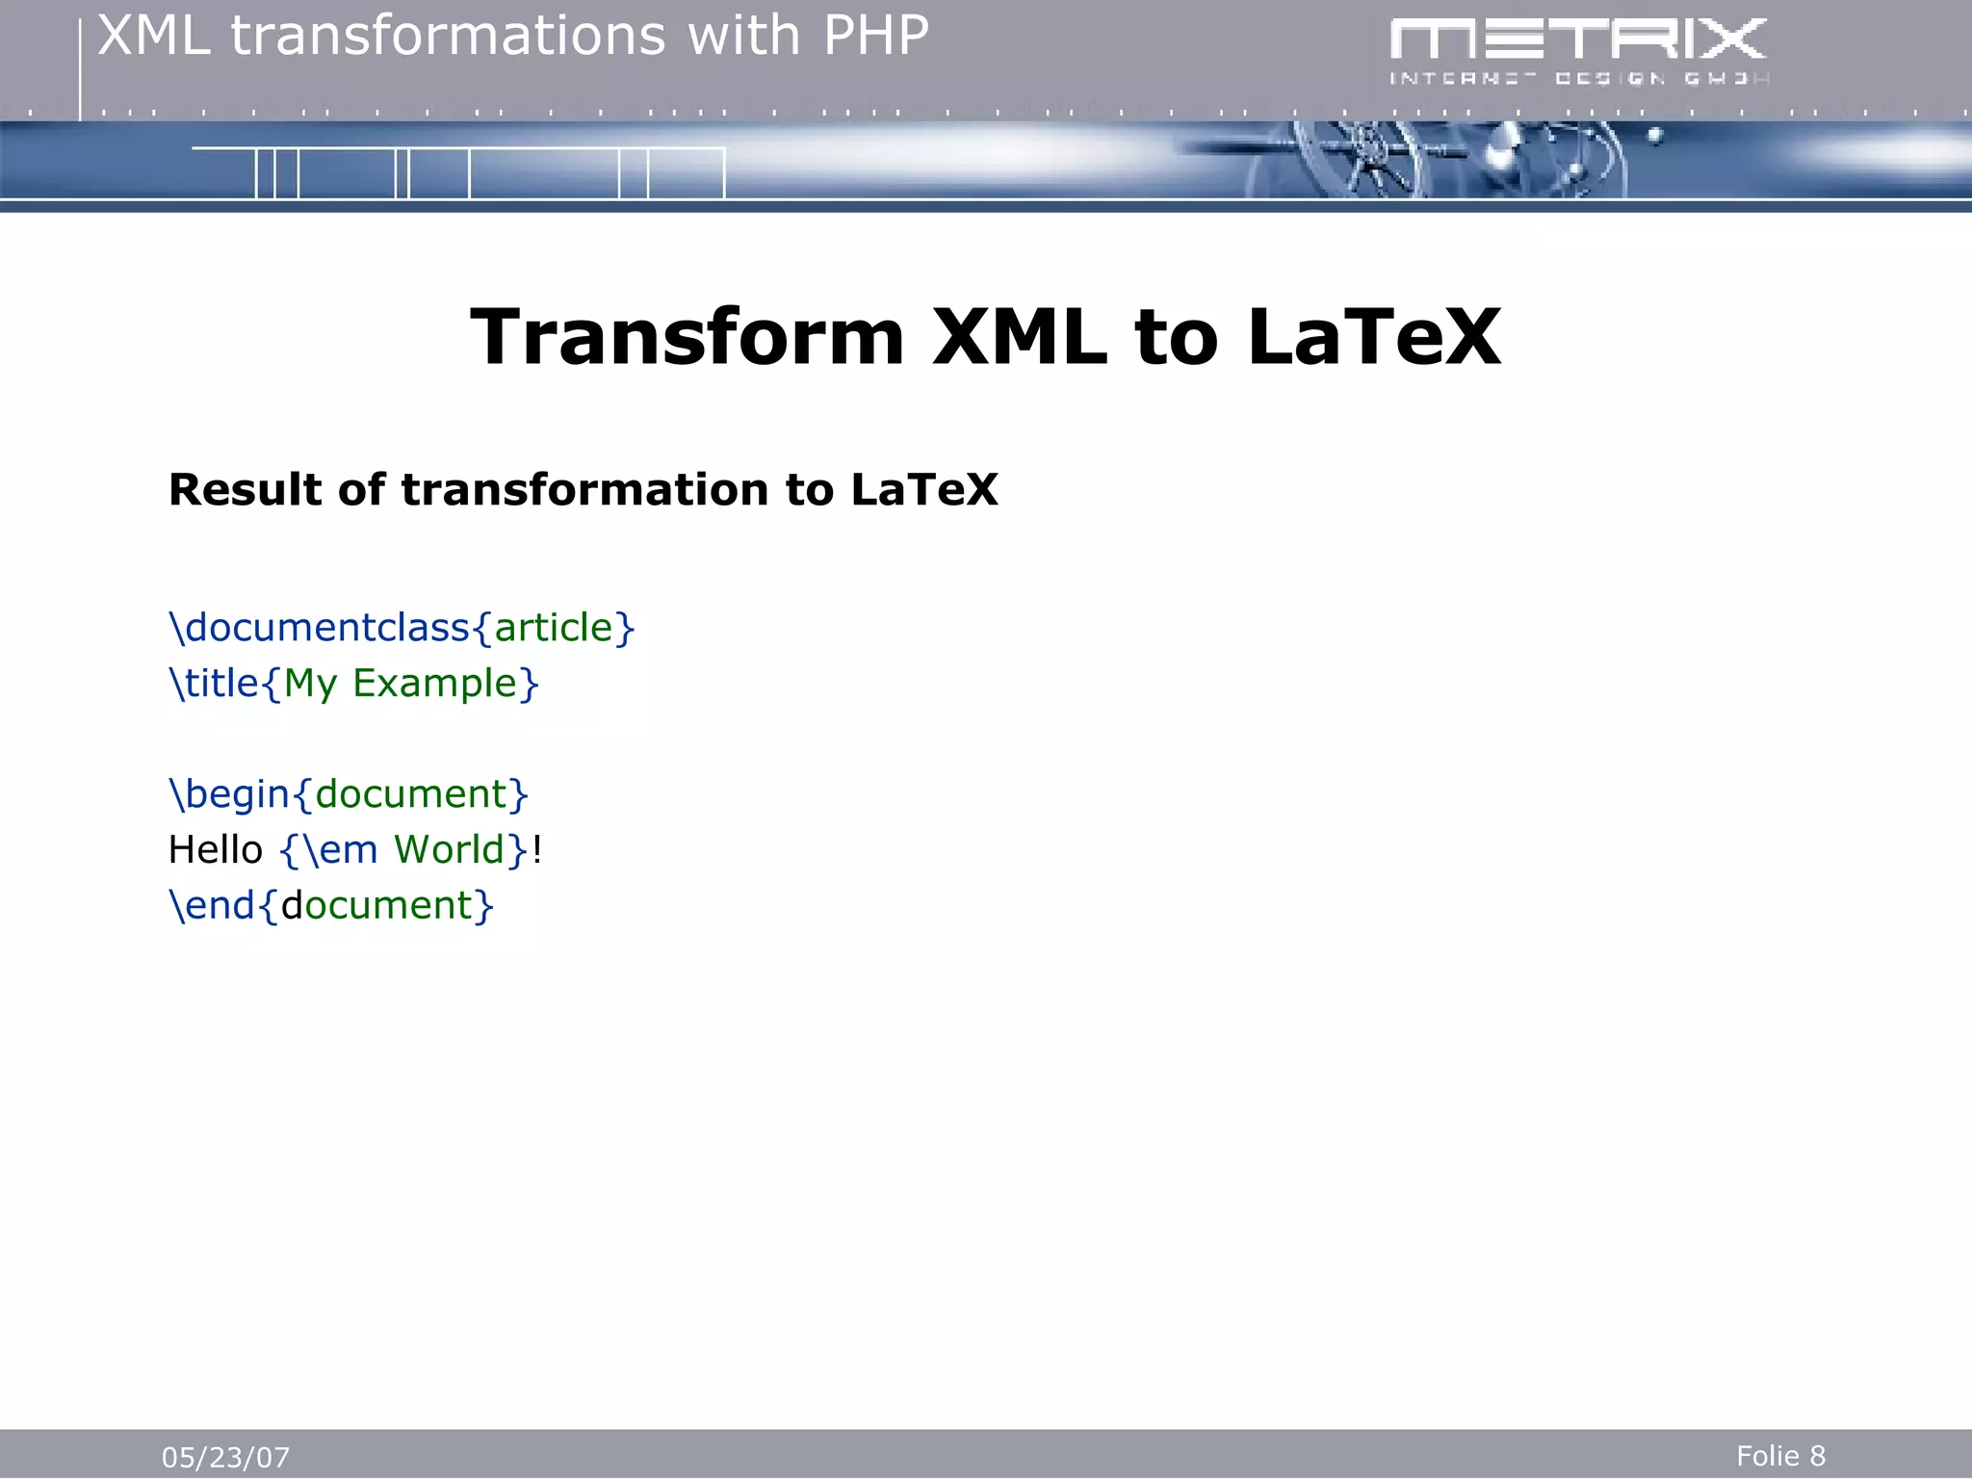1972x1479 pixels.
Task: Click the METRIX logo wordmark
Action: [1577, 40]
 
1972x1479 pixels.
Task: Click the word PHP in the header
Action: [875, 37]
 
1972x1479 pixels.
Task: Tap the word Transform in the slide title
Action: [687, 337]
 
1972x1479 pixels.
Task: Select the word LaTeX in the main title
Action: [1374, 337]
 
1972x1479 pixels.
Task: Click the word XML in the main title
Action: [1020, 337]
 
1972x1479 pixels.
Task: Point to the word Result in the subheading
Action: [245, 489]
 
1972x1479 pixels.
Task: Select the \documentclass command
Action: [319, 628]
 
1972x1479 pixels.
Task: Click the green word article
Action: [554, 628]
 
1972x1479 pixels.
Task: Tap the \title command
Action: [214, 684]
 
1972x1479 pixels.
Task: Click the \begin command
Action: [229, 794]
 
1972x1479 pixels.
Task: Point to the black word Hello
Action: [215, 850]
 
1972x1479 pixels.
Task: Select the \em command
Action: [340, 850]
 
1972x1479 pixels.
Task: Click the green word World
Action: [449, 850]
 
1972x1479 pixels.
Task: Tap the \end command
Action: [212, 906]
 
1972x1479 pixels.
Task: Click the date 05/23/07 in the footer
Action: [225, 1457]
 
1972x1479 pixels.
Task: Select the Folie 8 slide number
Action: [1780, 1455]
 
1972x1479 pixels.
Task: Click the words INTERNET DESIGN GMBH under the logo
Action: [1577, 79]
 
